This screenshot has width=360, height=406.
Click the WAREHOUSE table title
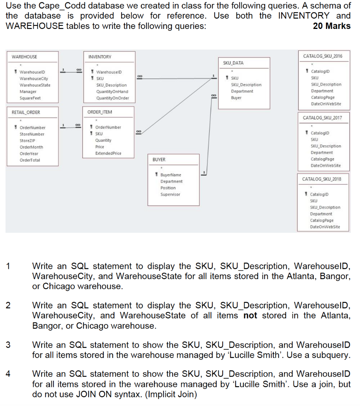pyautogui.click(x=25, y=57)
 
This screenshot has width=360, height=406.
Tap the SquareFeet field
pyautogui.click(x=30, y=98)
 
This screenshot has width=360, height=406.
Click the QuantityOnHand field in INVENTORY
pyautogui.click(x=112, y=92)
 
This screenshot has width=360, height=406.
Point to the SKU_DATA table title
pyautogui.click(x=233, y=63)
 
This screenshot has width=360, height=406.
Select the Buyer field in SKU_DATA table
pyautogui.click(x=236, y=98)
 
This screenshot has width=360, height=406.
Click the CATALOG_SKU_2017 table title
pyautogui.click(x=322, y=118)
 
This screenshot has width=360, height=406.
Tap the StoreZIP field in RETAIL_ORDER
pyautogui.click(x=27, y=140)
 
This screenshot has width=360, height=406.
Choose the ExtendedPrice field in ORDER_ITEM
pyautogui.click(x=108, y=153)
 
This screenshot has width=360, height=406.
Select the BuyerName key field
pyautogui.click(x=171, y=175)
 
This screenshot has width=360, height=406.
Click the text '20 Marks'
pyautogui.click(x=331, y=26)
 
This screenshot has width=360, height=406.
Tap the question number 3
pyautogui.click(x=8, y=345)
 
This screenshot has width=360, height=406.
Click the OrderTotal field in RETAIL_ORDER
pyautogui.click(x=30, y=160)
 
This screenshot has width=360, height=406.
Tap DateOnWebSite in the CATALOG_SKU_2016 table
pyautogui.click(x=326, y=104)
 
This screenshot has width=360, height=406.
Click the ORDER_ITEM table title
pyautogui.click(x=100, y=112)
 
